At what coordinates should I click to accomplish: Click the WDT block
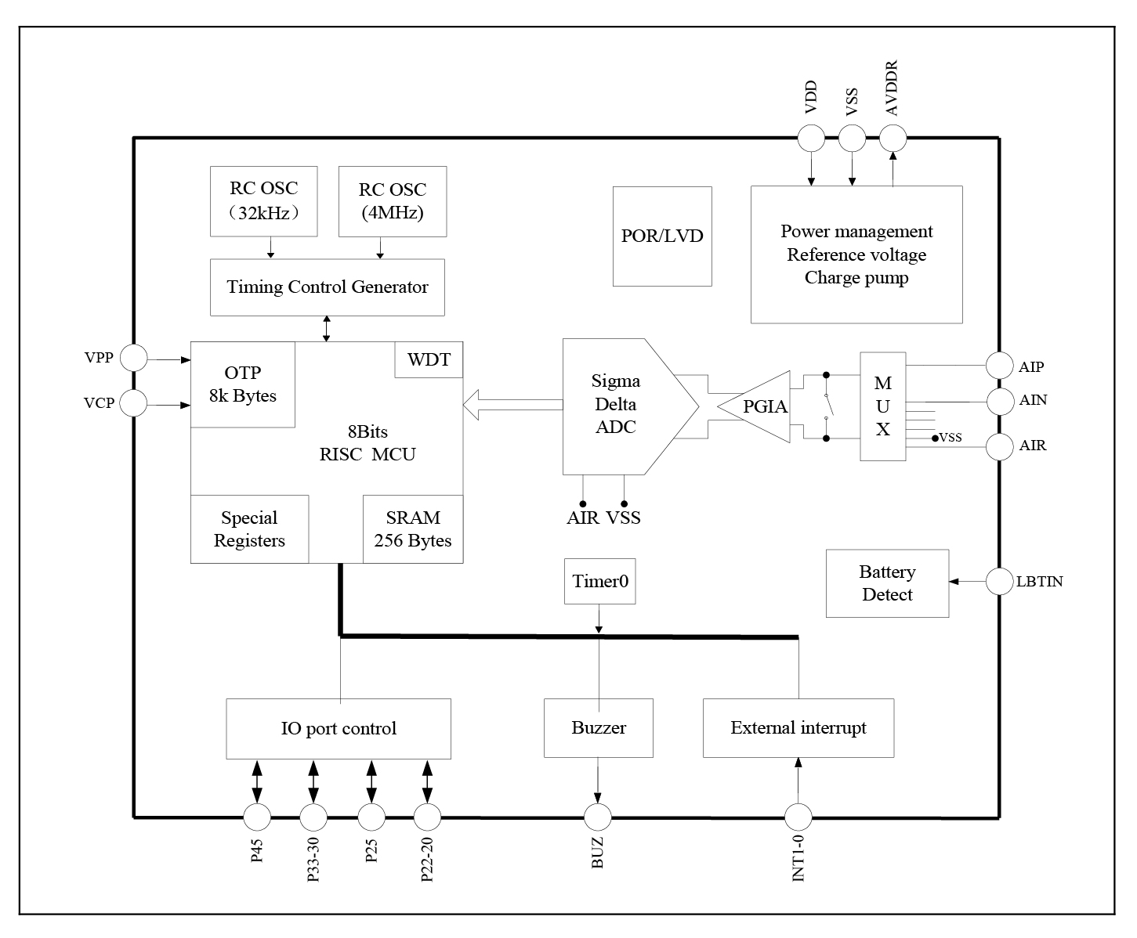(x=428, y=359)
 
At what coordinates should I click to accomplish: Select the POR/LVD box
(x=662, y=236)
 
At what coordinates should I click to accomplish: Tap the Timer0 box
(x=599, y=581)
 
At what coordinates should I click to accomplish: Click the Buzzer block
(x=599, y=728)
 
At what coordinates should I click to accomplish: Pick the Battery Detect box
(x=887, y=583)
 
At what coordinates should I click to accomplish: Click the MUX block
(x=882, y=406)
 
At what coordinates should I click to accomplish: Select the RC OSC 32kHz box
(x=263, y=201)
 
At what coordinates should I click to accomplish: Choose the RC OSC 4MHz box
(x=393, y=201)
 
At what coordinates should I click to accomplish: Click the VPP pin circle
(x=134, y=359)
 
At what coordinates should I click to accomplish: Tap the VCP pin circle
(x=134, y=404)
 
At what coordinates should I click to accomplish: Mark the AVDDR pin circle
(x=893, y=139)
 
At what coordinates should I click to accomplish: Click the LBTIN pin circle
(x=999, y=581)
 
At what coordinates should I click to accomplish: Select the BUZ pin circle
(x=598, y=817)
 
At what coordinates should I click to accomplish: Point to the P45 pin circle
(x=257, y=817)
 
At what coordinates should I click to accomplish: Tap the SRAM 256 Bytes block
(x=413, y=529)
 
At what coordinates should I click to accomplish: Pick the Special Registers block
(x=249, y=529)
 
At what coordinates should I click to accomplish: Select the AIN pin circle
(x=999, y=402)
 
